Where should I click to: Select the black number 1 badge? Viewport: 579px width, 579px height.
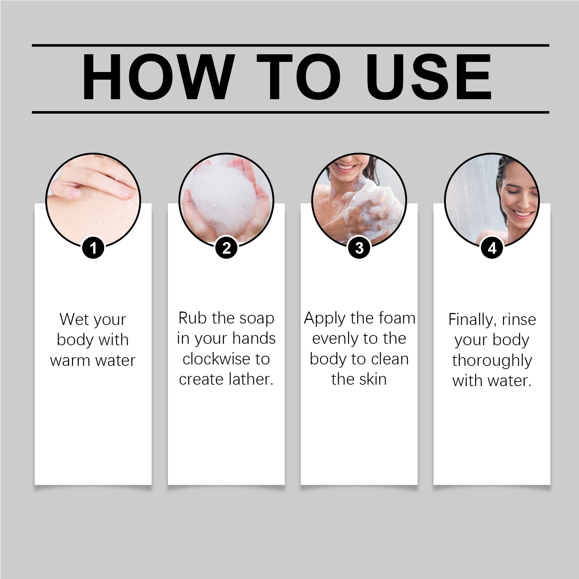click(93, 248)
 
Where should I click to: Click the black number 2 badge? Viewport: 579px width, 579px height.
click(226, 248)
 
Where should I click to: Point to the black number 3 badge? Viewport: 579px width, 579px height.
click(359, 248)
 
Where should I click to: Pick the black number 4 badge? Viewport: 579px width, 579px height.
click(492, 248)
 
